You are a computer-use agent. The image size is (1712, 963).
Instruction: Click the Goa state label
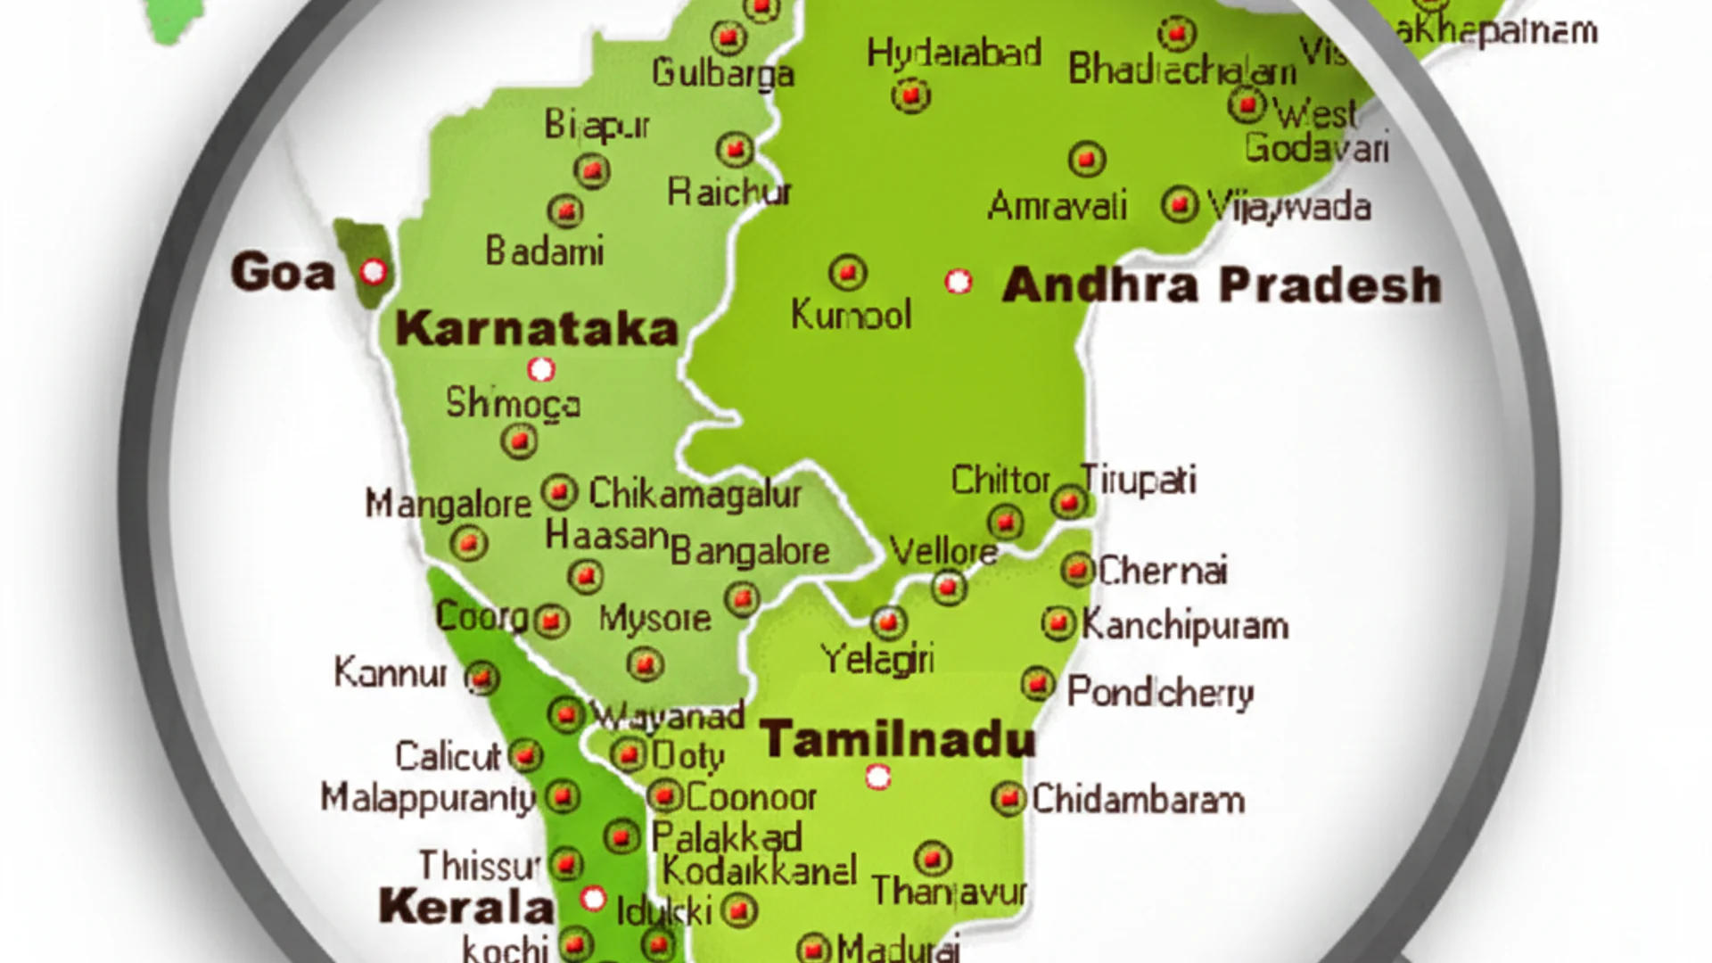pos(283,271)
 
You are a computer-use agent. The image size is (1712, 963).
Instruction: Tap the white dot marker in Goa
pos(374,270)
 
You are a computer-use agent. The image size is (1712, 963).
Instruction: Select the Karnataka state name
pos(537,328)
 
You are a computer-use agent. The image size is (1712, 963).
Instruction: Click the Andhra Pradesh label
pos(1222,285)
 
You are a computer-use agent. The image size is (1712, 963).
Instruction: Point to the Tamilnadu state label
pos(897,739)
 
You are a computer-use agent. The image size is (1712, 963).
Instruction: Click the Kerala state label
pos(465,906)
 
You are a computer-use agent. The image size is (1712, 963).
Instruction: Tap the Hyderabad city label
pos(954,53)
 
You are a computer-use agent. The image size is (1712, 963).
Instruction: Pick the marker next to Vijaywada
pos(1180,205)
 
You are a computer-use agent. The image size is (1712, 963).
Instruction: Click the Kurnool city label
pos(852,315)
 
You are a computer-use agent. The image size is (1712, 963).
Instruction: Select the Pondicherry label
pos(1160,692)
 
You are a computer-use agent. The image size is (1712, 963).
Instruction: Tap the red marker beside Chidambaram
pos(1008,798)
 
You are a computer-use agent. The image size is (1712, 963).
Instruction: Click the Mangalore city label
pos(448,504)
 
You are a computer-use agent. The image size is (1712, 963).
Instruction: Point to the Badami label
pos(544,251)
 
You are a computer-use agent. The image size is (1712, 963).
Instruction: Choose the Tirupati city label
pos(1139,481)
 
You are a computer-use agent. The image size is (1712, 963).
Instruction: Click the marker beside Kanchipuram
pos(1058,623)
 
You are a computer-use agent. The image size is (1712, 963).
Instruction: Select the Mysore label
pos(654,618)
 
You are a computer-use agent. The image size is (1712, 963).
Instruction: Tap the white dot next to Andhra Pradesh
pos(959,282)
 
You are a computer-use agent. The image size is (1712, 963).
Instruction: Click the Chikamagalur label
pos(695,493)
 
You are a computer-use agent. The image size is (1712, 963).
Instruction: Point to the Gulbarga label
pos(723,72)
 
